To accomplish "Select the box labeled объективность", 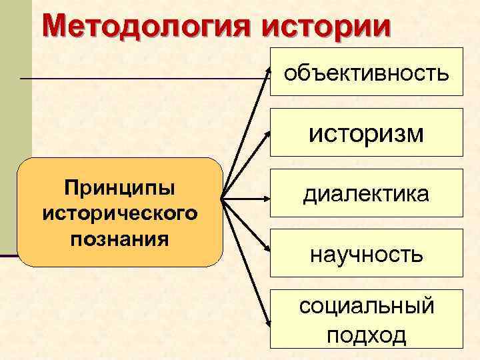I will coord(366,72).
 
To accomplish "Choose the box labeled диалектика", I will coord(366,194).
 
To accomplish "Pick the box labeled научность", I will coord(366,253).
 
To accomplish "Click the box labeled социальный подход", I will coord(366,319).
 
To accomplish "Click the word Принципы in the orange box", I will coord(120,189).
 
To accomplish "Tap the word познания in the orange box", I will coord(120,238).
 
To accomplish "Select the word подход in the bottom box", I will coord(366,335).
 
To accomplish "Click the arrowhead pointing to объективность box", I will coord(267,71).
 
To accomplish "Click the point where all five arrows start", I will coord(222,198).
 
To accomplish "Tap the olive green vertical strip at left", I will coord(15,133).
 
